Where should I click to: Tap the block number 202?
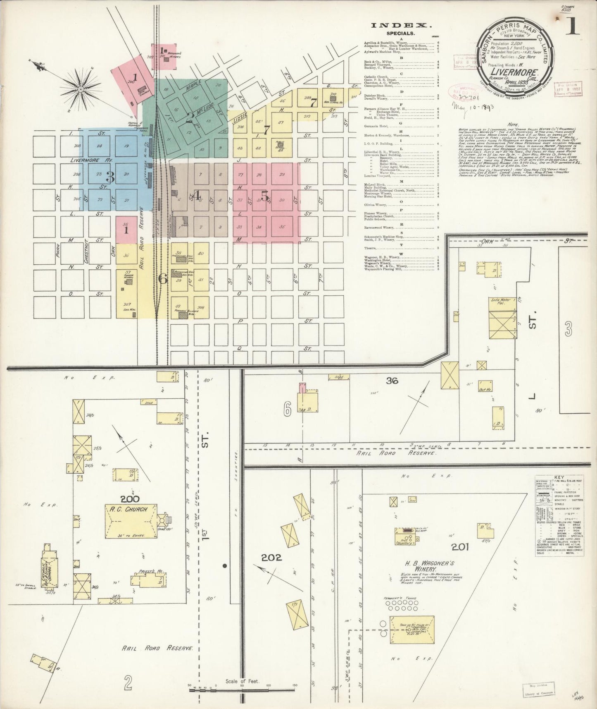coord(271,558)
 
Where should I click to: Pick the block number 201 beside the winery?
coord(460,547)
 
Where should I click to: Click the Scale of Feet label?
coord(242,681)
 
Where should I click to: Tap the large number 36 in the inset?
coord(391,380)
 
